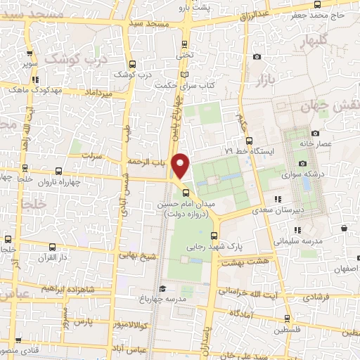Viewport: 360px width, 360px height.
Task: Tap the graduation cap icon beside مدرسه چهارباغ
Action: coord(162,288)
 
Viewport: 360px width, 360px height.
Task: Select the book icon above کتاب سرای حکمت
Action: coord(185,74)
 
